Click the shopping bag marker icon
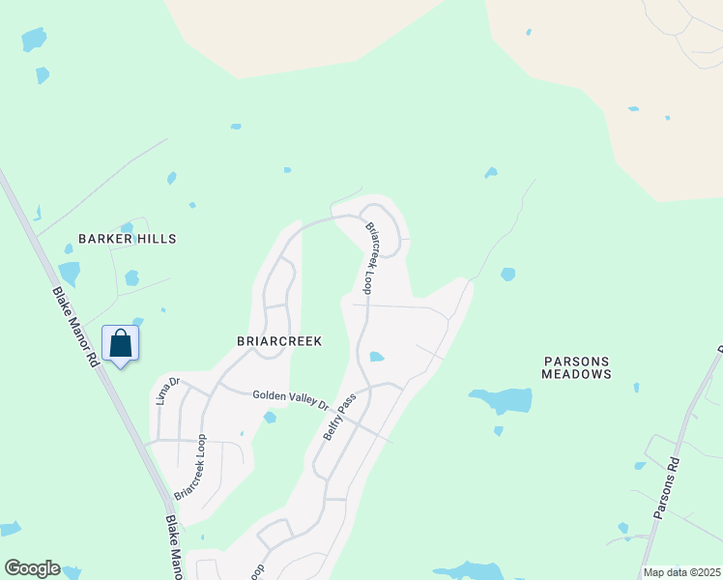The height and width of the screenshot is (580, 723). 120,343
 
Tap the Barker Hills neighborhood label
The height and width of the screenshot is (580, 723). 130,238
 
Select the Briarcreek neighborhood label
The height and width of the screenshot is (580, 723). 278,341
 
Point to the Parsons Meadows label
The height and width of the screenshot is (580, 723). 577,366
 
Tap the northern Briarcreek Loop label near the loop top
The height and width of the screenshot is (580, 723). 371,258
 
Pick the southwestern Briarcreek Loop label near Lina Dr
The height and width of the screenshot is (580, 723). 191,466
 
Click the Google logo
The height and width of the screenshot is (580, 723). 32,568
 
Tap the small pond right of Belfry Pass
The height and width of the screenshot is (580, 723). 376,357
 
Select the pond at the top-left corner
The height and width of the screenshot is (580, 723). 33,39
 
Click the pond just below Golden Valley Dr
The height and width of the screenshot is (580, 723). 270,418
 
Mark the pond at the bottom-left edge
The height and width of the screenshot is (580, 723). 9,529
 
